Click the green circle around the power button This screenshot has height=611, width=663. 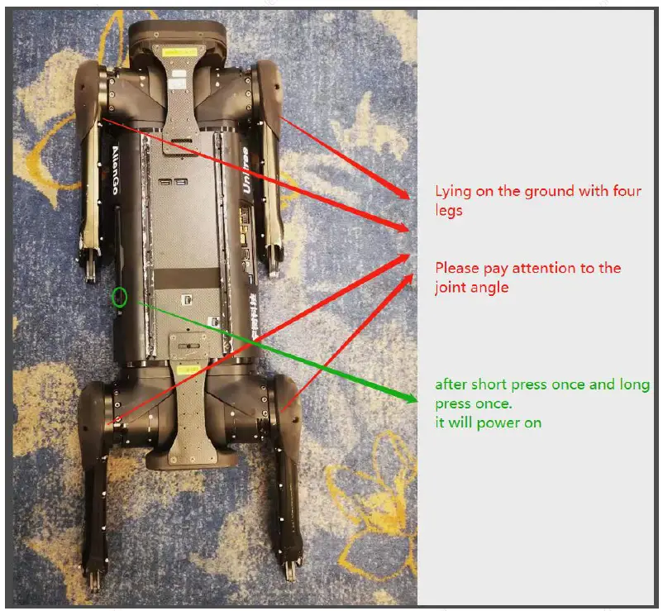click(122, 296)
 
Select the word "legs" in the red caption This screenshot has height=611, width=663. click(449, 211)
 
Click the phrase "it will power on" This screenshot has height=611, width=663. click(489, 422)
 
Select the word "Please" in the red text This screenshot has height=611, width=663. click(457, 269)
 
